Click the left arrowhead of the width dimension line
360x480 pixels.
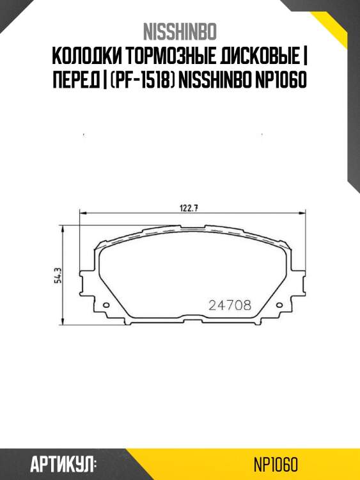pyautogui.click(x=81, y=212)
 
